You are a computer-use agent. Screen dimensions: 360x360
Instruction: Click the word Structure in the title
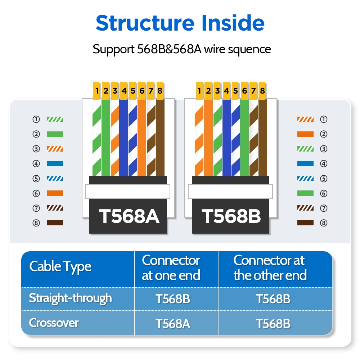(139, 23)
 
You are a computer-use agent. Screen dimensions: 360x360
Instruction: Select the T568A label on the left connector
(129, 216)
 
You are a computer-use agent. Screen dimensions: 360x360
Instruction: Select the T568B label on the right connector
(231, 216)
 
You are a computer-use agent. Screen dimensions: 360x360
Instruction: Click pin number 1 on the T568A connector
(96, 91)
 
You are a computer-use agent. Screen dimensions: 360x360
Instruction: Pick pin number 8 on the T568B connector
(262, 91)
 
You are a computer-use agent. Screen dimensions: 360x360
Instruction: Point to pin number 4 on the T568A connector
(124, 91)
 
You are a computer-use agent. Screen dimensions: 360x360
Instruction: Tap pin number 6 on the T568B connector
(244, 91)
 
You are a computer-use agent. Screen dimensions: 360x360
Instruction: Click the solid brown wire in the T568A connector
(160, 137)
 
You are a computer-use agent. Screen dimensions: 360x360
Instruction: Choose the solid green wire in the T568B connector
(244, 137)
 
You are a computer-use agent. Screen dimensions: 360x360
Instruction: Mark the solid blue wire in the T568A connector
(124, 137)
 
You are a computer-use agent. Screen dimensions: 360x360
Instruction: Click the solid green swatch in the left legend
(55, 134)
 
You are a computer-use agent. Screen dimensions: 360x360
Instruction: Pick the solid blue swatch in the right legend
(305, 164)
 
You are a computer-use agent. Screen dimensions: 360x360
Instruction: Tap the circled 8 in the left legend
(36, 223)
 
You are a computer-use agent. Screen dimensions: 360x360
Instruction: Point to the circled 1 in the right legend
(324, 119)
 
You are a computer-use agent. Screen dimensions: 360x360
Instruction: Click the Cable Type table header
(60, 267)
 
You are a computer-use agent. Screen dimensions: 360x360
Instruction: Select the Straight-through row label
(71, 298)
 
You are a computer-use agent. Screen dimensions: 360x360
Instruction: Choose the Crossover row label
(54, 323)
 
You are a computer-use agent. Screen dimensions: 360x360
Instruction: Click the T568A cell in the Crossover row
(173, 323)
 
